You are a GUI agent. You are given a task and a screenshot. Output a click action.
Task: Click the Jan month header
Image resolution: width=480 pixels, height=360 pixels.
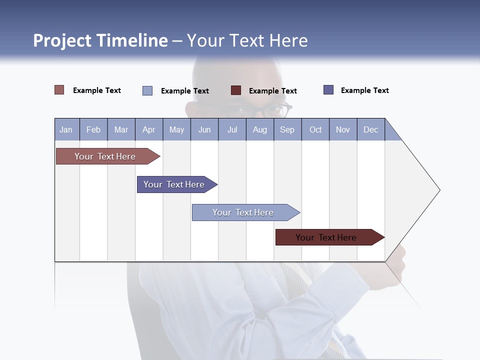point(66,129)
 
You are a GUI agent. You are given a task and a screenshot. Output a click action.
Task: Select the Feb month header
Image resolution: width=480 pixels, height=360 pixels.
point(93,129)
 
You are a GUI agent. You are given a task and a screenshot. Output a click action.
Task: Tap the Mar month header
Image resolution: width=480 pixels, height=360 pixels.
point(121,129)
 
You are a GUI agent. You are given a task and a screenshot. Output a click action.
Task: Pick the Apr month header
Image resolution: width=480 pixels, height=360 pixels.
point(149,129)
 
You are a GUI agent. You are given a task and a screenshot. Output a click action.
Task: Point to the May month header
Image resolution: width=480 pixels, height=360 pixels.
point(176,129)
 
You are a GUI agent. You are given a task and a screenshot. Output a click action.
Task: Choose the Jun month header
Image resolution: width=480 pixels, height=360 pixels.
point(204,129)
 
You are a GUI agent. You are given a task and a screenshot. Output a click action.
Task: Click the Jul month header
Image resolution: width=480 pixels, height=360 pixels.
point(232,129)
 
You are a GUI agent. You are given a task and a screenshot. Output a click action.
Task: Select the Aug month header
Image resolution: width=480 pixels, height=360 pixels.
point(260,129)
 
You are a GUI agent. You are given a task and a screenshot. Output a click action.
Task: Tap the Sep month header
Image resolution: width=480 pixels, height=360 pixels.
point(287,129)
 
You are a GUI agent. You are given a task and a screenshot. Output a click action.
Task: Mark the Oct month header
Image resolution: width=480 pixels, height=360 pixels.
point(315,129)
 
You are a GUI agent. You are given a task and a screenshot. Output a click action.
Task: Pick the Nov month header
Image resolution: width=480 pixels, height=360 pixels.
point(343,129)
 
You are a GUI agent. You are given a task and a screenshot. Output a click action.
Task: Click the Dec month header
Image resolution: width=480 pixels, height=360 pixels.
point(371,129)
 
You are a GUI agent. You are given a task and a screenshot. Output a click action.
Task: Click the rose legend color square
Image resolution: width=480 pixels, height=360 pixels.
point(59,90)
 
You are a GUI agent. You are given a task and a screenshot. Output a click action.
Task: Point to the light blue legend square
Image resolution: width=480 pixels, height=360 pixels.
point(147,90)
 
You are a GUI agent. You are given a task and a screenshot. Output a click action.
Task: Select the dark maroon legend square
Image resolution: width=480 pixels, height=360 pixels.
point(236,90)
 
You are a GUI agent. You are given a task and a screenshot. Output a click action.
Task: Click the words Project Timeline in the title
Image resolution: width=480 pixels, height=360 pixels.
point(100,40)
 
